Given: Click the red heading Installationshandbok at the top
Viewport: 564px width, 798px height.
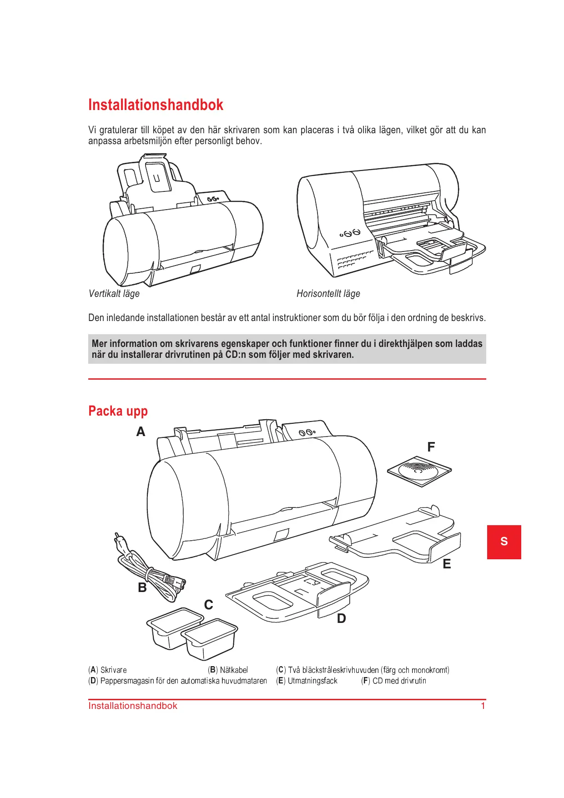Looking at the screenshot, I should pyautogui.click(x=156, y=105).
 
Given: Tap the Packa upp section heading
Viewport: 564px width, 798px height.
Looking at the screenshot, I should pyautogui.click(x=118, y=411).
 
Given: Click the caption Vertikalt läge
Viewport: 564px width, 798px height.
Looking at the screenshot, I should pyautogui.click(x=114, y=294).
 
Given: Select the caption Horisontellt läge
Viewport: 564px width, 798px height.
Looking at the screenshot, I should pyautogui.click(x=328, y=294).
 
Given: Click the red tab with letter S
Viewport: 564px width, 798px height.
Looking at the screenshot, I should pyautogui.click(x=504, y=542).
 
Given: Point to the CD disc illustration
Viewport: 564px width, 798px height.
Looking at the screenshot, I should pyautogui.click(x=419, y=471).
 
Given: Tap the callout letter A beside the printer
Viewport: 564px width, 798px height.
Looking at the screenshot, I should pyautogui.click(x=141, y=432).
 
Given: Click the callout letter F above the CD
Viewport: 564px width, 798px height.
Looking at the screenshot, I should pyautogui.click(x=431, y=447).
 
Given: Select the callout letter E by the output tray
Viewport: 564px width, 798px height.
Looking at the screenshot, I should pyautogui.click(x=447, y=564).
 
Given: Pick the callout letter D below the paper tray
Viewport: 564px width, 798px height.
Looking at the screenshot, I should pyautogui.click(x=341, y=618).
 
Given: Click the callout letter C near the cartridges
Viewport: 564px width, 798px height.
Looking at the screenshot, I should pyautogui.click(x=208, y=605).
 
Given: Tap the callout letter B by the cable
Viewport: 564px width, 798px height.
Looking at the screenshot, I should pyautogui.click(x=142, y=587).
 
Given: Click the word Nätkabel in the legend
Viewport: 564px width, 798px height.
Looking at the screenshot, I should pyautogui.click(x=234, y=670).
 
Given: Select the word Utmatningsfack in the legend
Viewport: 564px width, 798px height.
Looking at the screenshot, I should pyautogui.click(x=312, y=681).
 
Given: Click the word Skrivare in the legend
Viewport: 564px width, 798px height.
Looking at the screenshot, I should pyautogui.click(x=113, y=670).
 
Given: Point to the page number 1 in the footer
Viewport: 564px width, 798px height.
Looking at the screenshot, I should pyautogui.click(x=483, y=706).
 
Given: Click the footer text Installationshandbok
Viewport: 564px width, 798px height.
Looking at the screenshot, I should pyautogui.click(x=132, y=706).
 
